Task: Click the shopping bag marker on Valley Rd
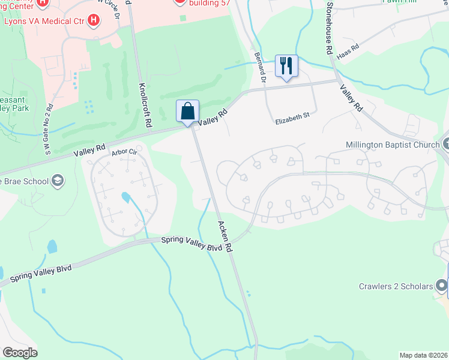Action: click(x=187, y=112)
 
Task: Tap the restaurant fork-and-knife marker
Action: click(x=286, y=65)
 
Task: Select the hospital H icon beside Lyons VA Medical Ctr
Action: click(x=93, y=21)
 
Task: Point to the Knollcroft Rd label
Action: click(x=144, y=105)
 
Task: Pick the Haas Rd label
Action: click(x=348, y=50)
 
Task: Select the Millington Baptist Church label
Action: click(x=393, y=145)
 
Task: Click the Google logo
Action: click(x=20, y=353)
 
